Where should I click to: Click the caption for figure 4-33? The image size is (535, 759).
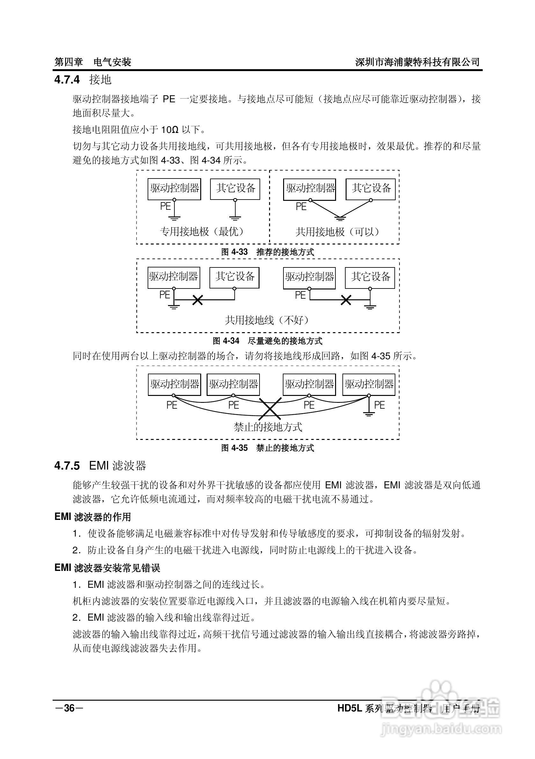(267, 252)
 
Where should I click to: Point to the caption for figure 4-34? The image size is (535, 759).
(267, 341)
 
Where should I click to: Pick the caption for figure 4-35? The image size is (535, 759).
(267, 448)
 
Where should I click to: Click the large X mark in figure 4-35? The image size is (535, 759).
(270, 409)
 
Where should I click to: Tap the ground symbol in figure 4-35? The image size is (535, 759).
(368, 413)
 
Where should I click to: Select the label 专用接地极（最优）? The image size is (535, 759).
(202, 231)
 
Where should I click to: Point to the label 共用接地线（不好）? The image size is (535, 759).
(267, 320)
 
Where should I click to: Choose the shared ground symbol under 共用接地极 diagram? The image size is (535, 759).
(340, 217)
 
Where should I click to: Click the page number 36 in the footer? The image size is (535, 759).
(69, 708)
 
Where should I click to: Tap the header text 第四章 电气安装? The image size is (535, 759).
(92, 62)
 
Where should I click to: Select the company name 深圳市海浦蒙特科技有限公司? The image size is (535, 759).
(417, 62)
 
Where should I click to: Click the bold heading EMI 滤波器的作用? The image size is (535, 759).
(92, 517)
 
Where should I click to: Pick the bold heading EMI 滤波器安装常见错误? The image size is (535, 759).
(107, 568)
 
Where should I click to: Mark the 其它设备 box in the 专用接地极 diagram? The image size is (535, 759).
(235, 189)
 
